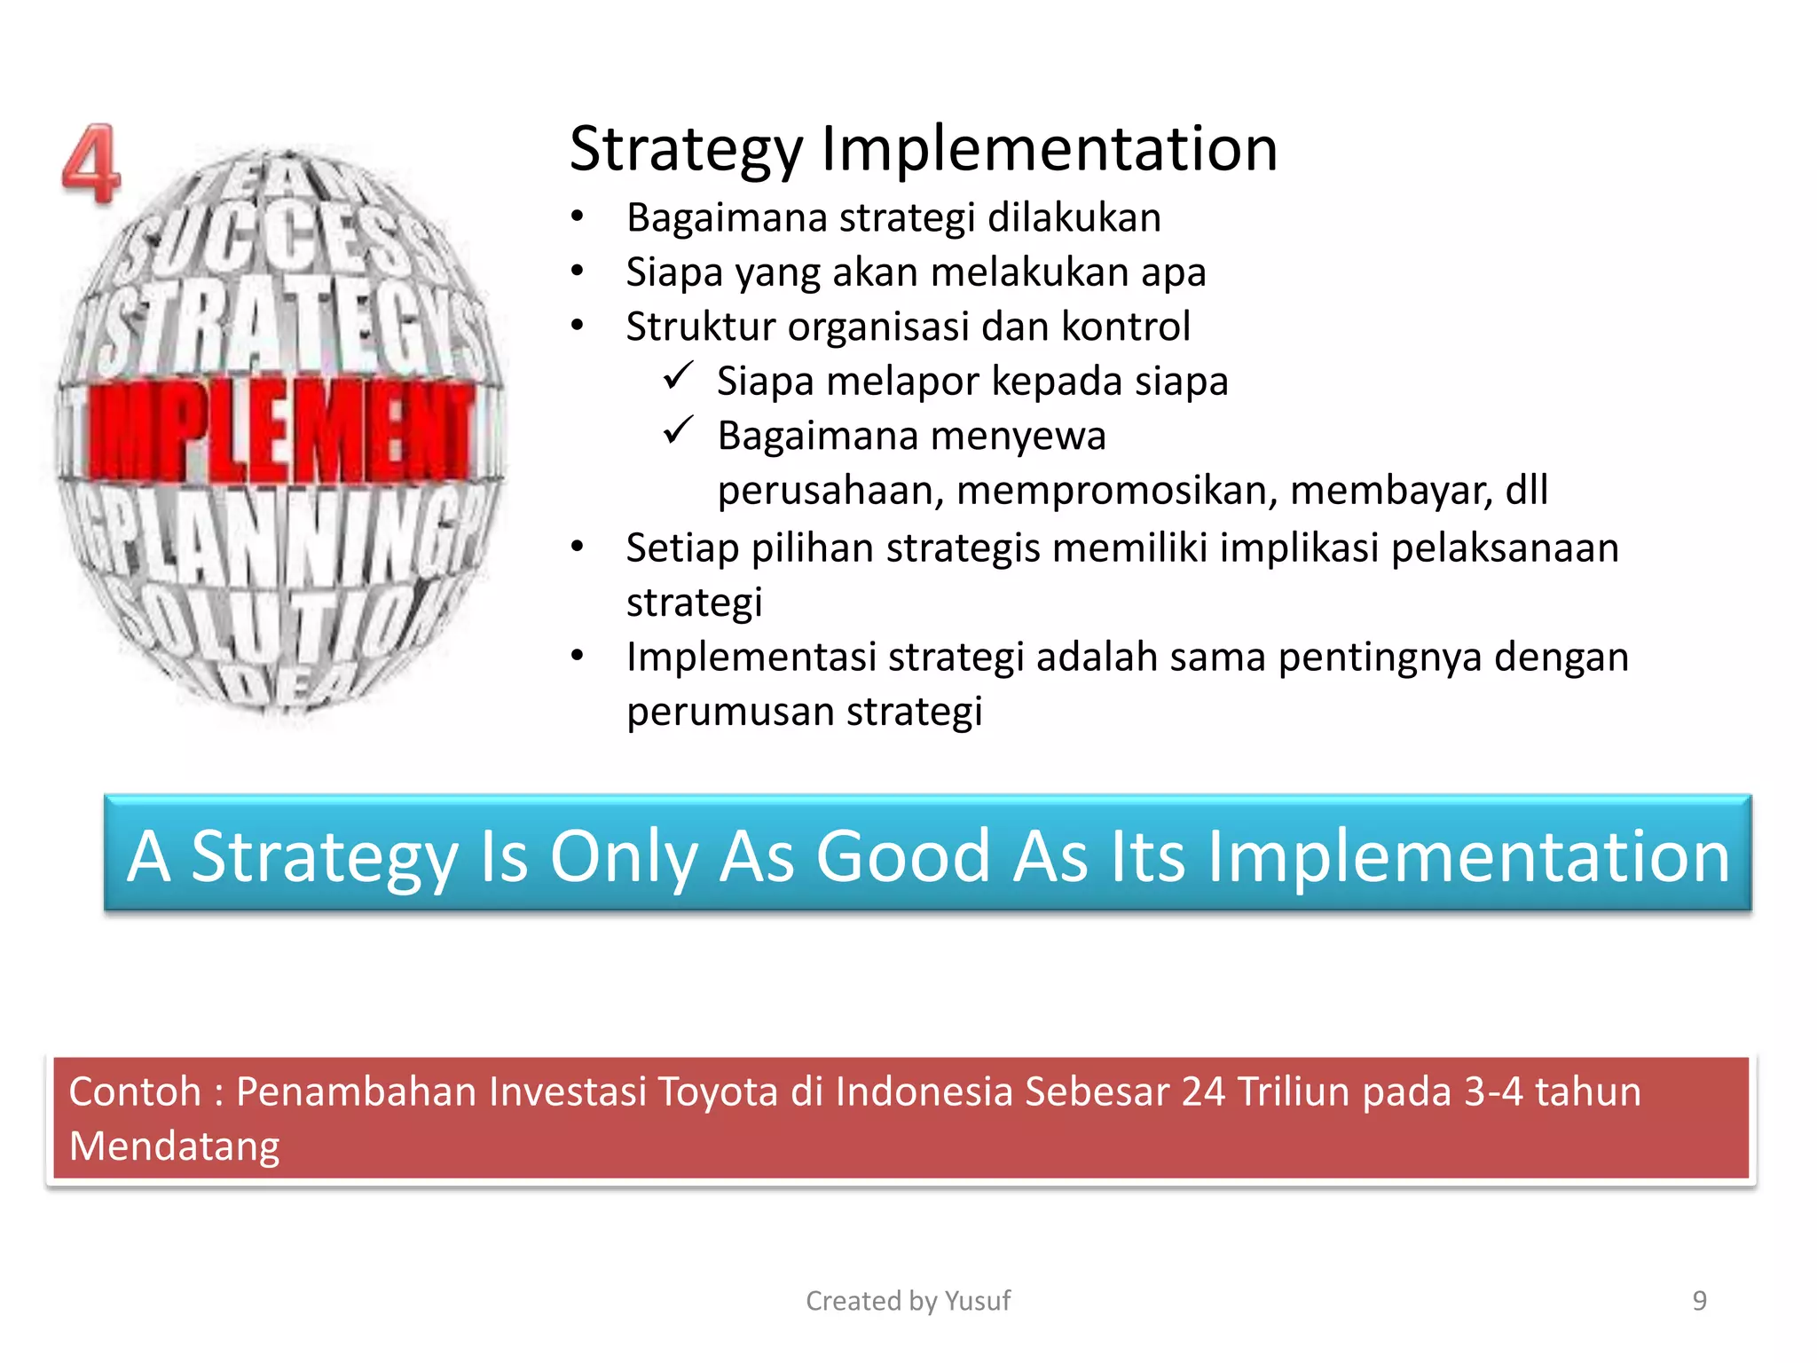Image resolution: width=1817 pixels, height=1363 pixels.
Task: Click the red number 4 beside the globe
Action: [90, 164]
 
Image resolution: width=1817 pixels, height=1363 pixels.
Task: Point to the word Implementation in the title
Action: [1049, 149]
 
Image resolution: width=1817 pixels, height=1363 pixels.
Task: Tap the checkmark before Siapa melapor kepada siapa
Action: [678, 376]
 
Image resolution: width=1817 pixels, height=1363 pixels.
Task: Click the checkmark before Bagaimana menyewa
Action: [678, 431]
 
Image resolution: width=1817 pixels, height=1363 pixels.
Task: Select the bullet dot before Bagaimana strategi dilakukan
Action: [578, 217]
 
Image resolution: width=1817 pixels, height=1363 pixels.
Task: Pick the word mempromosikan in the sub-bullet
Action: [1117, 490]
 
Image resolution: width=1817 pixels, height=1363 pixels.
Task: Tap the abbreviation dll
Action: [1527, 490]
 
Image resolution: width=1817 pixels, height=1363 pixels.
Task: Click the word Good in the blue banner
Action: [902, 856]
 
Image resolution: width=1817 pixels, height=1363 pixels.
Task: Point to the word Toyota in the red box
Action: [718, 1091]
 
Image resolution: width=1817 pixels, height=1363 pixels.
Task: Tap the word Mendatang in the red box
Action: [175, 1146]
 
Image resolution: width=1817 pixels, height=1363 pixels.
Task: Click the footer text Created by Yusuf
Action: [908, 1301]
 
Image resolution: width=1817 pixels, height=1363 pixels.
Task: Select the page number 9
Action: [1699, 1301]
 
